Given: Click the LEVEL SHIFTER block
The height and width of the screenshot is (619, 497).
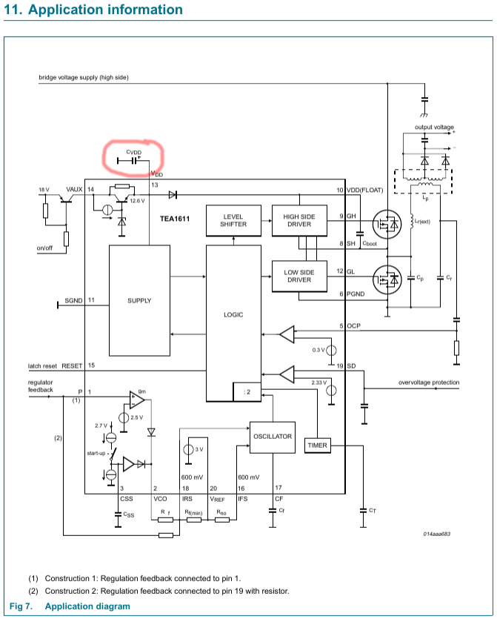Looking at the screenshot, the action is click(233, 220).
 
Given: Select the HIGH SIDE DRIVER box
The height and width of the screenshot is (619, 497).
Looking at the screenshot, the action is click(299, 220).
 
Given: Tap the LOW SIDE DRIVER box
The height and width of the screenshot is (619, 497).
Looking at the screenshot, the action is click(299, 276).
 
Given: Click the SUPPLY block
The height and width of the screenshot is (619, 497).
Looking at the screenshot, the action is click(139, 300).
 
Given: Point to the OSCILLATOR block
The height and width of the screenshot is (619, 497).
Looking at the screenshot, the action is click(273, 437).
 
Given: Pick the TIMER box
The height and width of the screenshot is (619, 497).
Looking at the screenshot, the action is click(318, 446).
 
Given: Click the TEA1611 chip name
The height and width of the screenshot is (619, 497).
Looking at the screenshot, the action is click(175, 219).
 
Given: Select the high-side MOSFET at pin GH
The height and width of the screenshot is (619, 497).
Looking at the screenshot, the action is click(387, 224).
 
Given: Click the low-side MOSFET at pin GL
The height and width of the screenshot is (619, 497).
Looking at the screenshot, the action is click(387, 279).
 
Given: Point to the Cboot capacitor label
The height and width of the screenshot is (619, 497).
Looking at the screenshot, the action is click(370, 244).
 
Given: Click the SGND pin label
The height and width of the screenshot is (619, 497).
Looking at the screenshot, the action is click(74, 300).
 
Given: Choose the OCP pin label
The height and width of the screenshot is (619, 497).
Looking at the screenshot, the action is click(354, 325).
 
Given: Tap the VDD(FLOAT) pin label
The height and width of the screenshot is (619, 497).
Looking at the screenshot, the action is click(365, 190).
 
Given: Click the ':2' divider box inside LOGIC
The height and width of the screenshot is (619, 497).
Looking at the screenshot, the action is click(247, 391).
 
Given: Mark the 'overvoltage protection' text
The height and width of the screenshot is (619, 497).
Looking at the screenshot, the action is click(429, 383).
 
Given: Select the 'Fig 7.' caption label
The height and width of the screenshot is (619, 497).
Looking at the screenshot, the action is click(21, 606).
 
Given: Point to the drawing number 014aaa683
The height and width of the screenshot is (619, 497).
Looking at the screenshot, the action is click(437, 534).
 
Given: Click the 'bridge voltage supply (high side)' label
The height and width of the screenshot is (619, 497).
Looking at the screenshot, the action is click(84, 77).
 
